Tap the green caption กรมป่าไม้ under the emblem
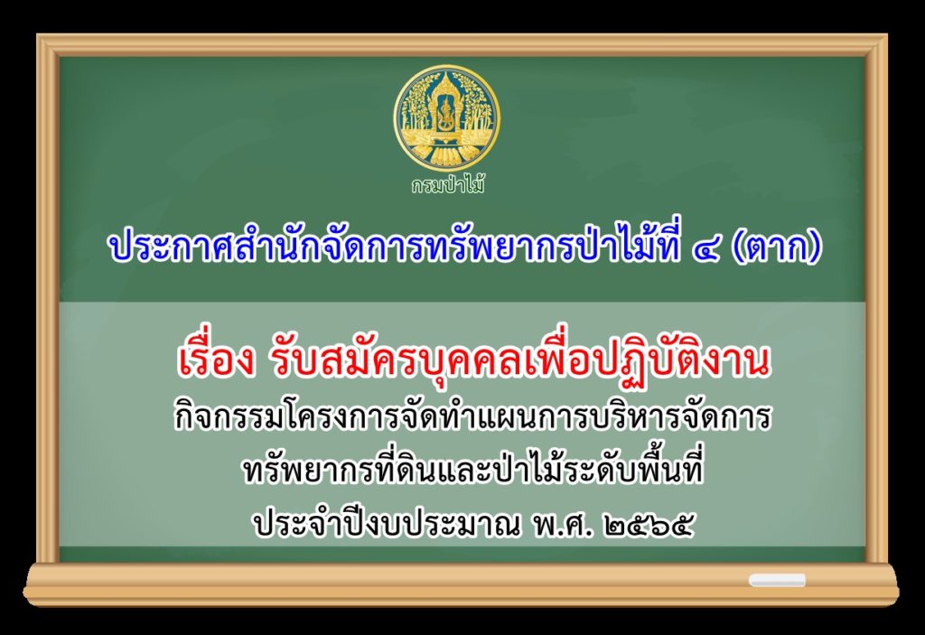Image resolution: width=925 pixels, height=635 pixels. coord(448,184)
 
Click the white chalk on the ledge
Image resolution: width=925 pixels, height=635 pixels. coord(777,580)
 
